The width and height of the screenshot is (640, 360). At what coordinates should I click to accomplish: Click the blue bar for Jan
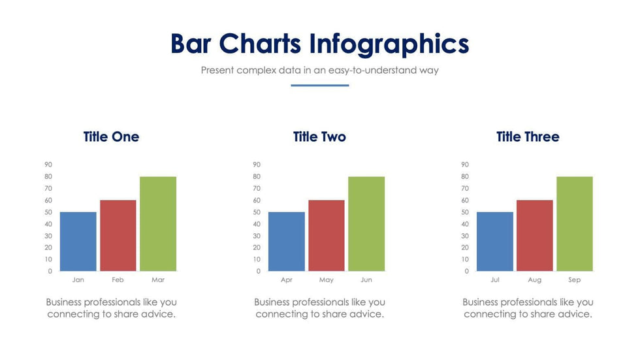(78, 241)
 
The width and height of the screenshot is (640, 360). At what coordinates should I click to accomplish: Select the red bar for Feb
(118, 235)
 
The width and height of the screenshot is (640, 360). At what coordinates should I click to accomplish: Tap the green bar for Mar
(158, 223)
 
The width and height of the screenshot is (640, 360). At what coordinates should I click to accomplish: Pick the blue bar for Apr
(286, 241)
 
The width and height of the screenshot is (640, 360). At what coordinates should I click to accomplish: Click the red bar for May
(326, 235)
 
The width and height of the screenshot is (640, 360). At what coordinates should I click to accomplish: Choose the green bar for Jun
(366, 223)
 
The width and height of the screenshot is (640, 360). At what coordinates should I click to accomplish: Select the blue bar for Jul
(494, 241)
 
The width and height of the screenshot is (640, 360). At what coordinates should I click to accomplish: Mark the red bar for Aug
(534, 235)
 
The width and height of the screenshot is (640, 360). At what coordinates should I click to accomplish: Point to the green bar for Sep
(575, 223)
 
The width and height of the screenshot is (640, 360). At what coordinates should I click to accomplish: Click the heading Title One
(111, 137)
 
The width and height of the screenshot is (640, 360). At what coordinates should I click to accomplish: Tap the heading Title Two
(319, 137)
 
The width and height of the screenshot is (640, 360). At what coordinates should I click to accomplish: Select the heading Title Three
(528, 137)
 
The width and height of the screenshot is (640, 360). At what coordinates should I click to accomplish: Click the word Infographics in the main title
(389, 44)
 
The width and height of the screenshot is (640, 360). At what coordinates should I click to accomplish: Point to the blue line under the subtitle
(319, 85)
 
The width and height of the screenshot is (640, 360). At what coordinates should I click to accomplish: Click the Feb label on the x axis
(118, 280)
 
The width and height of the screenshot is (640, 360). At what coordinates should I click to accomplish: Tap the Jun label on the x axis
(366, 280)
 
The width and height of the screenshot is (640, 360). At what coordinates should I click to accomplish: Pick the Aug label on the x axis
(534, 280)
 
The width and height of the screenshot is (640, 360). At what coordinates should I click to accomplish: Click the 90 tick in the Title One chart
(48, 165)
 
